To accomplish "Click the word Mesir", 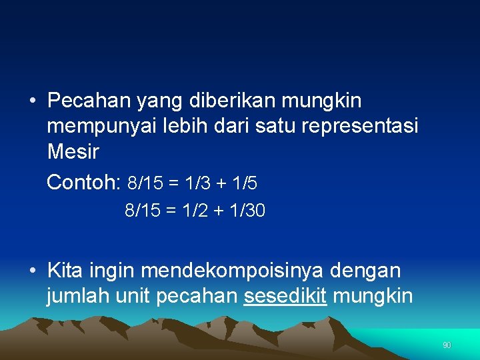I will point(73,152).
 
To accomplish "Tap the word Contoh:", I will point(83,183).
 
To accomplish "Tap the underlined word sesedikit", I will point(285,296).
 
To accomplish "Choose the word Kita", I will point(65,271).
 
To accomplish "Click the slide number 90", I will point(447,345).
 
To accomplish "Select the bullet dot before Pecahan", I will point(32,101).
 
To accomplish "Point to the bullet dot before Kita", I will point(32,271).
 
